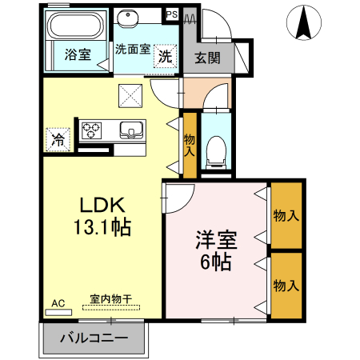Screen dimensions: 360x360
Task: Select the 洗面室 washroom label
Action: tap(133, 49)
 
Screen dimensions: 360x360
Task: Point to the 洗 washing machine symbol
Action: tap(165, 55)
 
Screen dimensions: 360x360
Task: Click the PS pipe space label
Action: tap(171, 14)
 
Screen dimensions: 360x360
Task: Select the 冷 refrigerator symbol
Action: tap(58, 138)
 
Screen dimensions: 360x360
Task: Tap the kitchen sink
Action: tap(130, 129)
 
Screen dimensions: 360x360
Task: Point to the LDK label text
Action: tap(100, 204)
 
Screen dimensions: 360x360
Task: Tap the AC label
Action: tap(58, 303)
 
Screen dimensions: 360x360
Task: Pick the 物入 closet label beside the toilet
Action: tap(190, 145)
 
